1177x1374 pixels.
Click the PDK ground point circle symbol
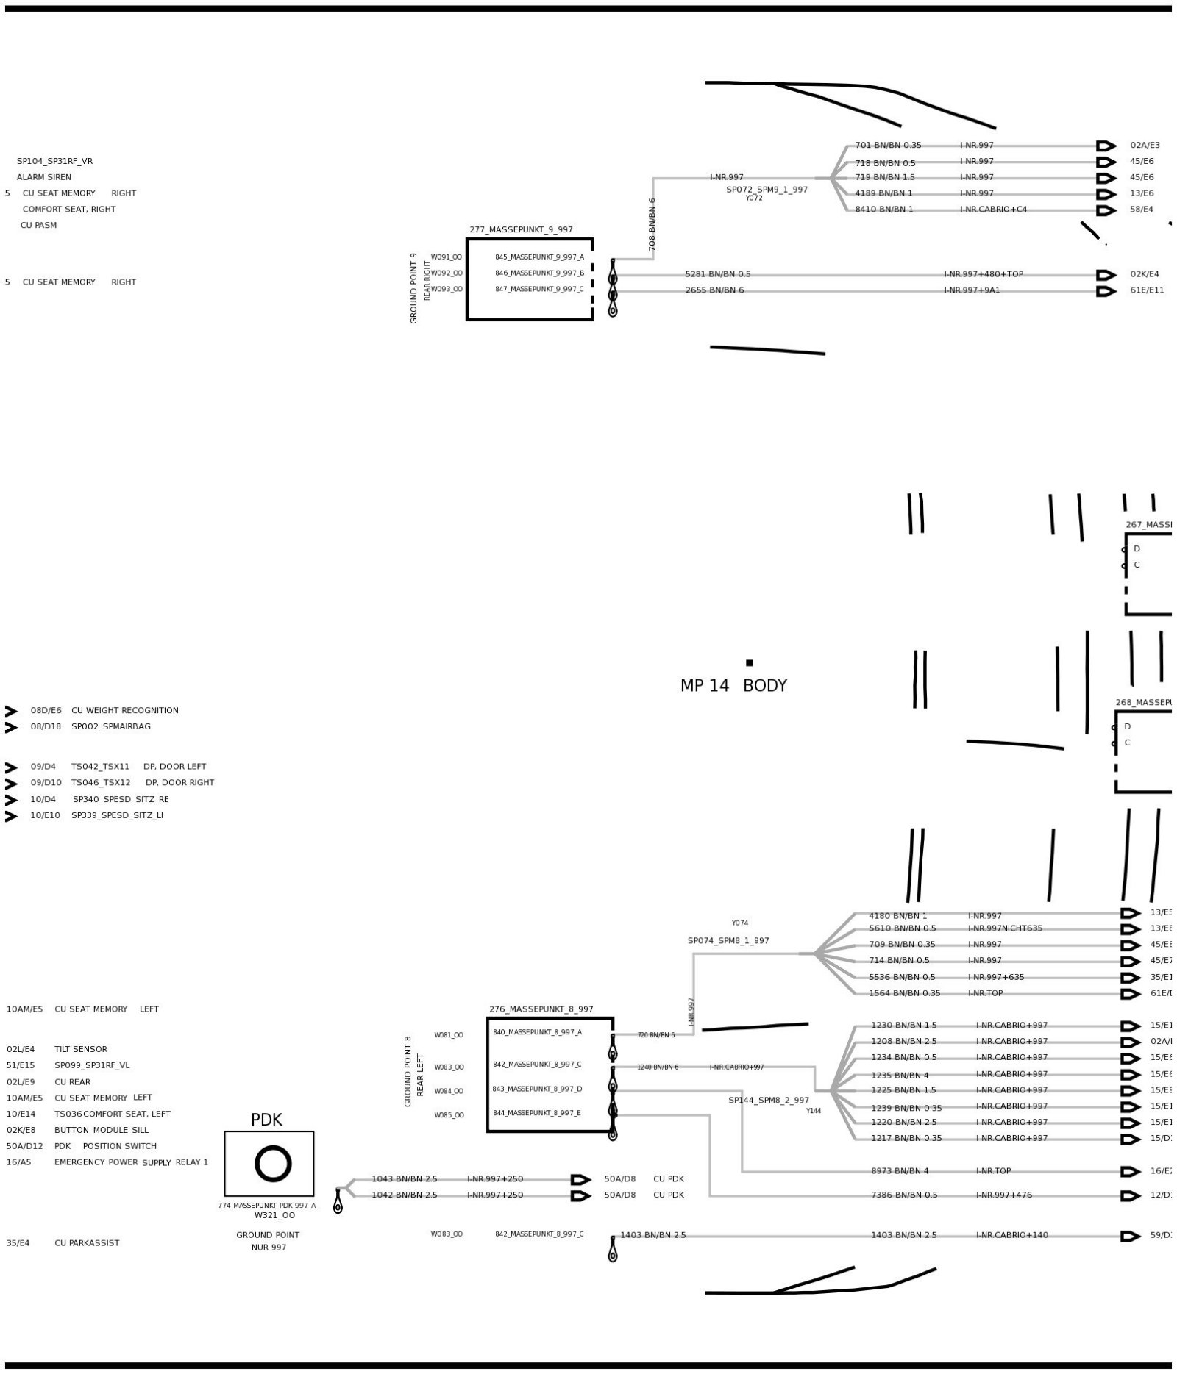pyautogui.click(x=273, y=1164)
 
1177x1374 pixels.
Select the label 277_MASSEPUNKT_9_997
pyautogui.click(x=521, y=229)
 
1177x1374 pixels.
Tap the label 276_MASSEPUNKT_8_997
pyautogui.click(x=541, y=1009)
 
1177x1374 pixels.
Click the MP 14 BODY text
pyautogui.click(x=733, y=685)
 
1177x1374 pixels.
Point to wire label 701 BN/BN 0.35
pyautogui.click(x=888, y=146)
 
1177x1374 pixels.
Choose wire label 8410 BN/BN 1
pyautogui.click(x=883, y=210)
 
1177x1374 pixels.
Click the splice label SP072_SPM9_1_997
pyautogui.click(x=767, y=190)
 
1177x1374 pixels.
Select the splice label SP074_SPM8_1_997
pyautogui.click(x=728, y=940)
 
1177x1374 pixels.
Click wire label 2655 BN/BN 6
pyautogui.click(x=714, y=290)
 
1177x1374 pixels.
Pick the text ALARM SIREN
pyautogui.click(x=44, y=177)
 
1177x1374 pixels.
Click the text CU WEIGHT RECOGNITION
pyautogui.click(x=125, y=710)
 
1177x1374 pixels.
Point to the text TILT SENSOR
pyautogui.click(x=81, y=1049)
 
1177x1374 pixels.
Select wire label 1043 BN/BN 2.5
pyautogui.click(x=404, y=1178)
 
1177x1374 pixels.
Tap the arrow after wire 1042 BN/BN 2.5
pyautogui.click(x=581, y=1195)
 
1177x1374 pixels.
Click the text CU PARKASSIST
pyautogui.click(x=87, y=1242)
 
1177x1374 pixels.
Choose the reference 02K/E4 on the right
pyautogui.click(x=1145, y=274)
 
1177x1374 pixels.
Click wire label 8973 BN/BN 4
pyautogui.click(x=900, y=1171)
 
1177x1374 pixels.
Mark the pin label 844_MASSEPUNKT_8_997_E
pyautogui.click(x=537, y=1113)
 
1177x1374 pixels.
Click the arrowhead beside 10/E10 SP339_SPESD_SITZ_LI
pyautogui.click(x=11, y=816)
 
